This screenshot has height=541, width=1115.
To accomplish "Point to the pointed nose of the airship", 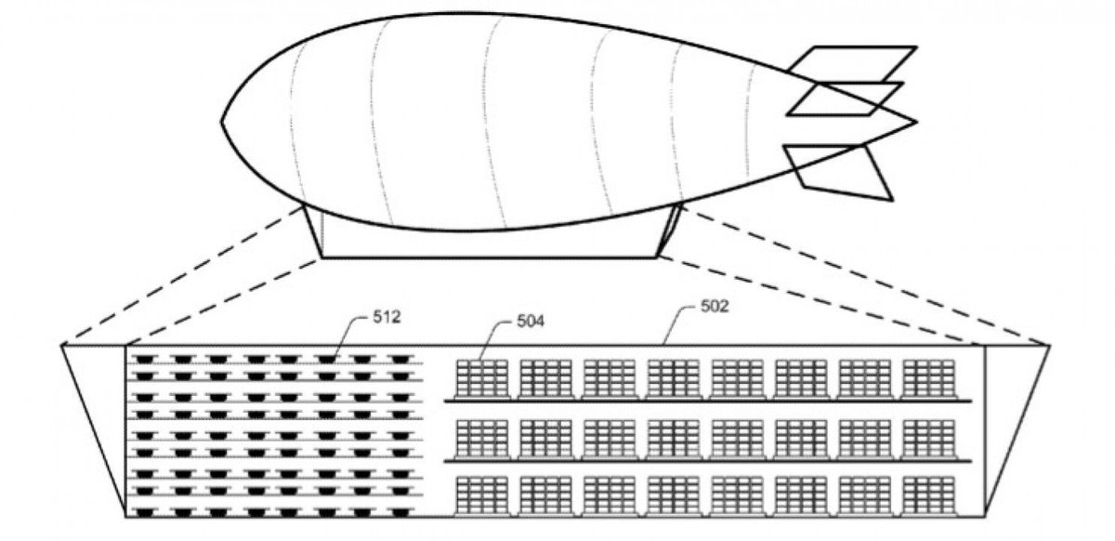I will click(223, 121).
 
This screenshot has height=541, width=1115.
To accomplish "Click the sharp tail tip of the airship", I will click(915, 122).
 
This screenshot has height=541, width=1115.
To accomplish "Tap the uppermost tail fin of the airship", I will click(851, 63).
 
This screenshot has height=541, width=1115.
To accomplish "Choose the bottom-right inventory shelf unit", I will click(927, 495).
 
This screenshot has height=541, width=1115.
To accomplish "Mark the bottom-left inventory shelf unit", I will click(482, 495).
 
